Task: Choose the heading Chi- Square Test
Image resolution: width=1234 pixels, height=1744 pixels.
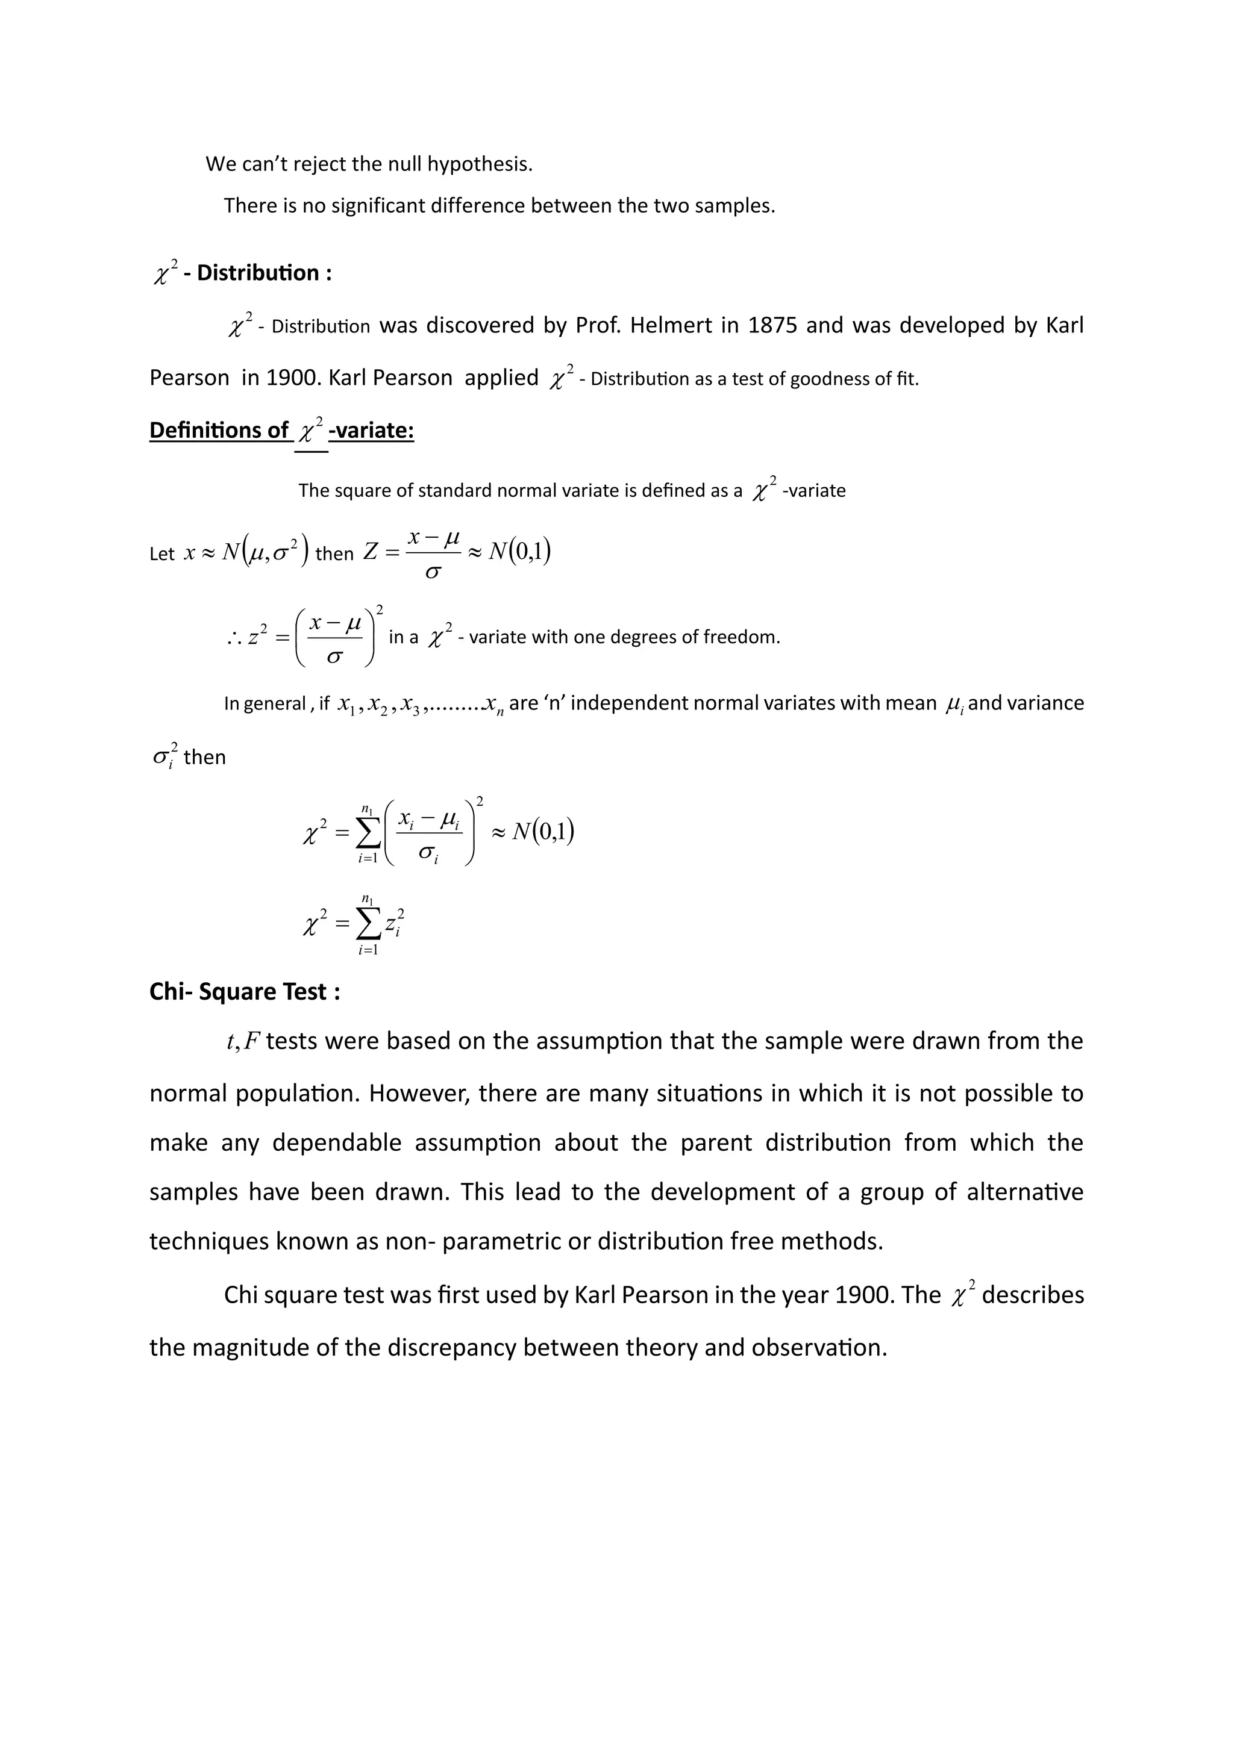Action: point(244,991)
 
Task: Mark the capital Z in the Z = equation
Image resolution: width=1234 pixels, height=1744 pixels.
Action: point(370,552)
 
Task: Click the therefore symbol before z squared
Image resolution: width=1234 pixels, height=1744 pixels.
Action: point(234,639)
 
